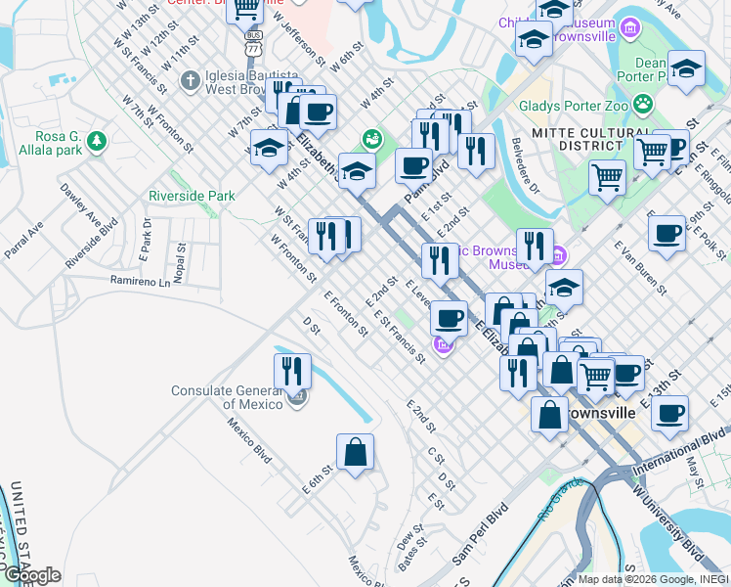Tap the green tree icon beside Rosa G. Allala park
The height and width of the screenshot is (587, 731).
pos(96,143)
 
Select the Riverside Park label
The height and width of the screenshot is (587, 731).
pos(192,196)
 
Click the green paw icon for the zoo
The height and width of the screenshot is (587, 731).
pos(643,103)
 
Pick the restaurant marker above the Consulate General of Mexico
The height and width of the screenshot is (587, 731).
pos(292,372)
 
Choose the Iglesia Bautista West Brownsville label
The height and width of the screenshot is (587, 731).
pos(237,81)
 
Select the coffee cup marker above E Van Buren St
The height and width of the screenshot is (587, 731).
pos(667,234)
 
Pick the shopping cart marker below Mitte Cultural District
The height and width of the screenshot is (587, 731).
pos(607,178)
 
